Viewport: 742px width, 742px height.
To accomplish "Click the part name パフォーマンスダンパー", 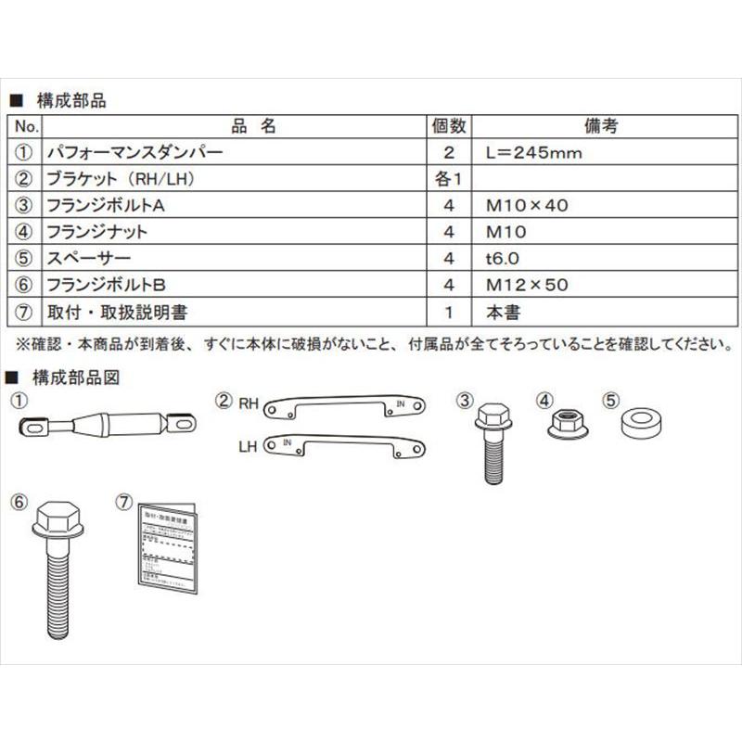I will [x=134, y=153].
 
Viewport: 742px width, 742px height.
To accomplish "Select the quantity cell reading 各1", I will [x=450, y=179].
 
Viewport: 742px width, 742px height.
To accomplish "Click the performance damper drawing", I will [x=108, y=426].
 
